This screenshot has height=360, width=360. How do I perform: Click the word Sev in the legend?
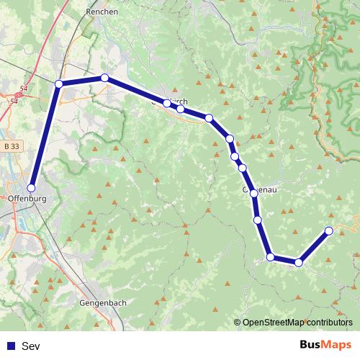(x=31, y=346)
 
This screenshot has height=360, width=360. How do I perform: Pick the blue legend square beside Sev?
(x=11, y=346)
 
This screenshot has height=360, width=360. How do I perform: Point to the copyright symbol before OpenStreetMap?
(x=238, y=323)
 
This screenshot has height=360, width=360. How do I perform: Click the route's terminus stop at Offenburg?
(x=31, y=187)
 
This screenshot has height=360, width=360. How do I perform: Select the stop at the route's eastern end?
(x=329, y=230)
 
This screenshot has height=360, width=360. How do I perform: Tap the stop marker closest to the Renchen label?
(x=104, y=78)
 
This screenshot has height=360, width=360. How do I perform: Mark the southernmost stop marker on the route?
(x=298, y=262)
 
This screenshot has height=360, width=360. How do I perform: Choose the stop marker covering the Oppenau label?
(x=253, y=193)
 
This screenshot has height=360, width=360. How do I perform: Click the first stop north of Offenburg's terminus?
(x=59, y=84)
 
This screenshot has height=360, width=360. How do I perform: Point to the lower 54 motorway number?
(x=14, y=102)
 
